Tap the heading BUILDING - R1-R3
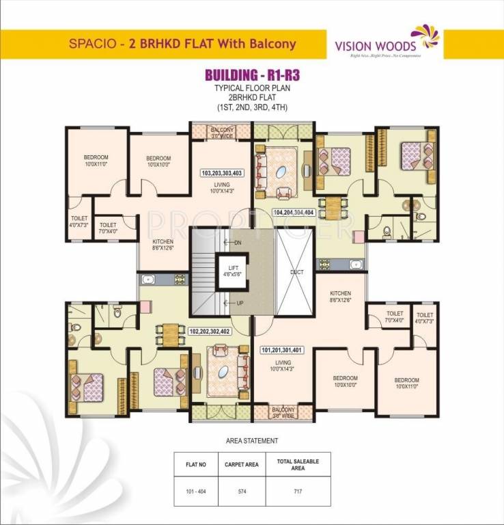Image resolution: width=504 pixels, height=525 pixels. (x=251, y=75)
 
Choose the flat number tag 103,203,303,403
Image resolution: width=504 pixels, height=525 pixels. (x=221, y=173)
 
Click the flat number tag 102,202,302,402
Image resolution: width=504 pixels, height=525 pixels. (x=210, y=332)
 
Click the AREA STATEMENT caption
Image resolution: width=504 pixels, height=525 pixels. (x=251, y=441)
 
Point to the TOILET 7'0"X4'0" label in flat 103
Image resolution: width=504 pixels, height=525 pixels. (x=108, y=228)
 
